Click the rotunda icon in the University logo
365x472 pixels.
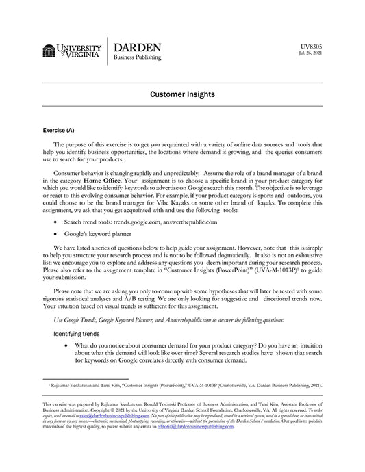pyautogui.click(x=49, y=51)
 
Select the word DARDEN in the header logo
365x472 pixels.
pyautogui.click(x=137, y=47)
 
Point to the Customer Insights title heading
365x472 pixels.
pyautogui.click(x=182, y=94)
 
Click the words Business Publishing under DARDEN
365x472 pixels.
pyautogui.click(x=137, y=58)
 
